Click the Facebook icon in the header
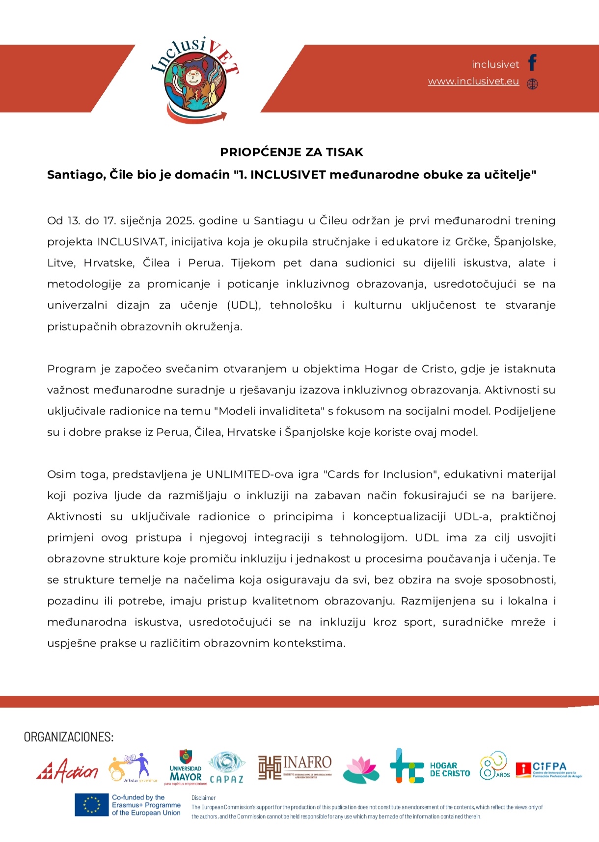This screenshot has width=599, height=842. click(532, 63)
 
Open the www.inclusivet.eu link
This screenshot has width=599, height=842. click(473, 81)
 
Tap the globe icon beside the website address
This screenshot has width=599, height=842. click(532, 84)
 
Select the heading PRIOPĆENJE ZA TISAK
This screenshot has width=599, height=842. click(292, 152)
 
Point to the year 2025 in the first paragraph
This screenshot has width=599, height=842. click(180, 221)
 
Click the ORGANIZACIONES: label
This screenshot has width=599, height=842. click(69, 737)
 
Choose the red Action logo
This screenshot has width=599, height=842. click(67, 772)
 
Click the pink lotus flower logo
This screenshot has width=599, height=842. click(361, 770)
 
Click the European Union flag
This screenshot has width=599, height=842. click(91, 805)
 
